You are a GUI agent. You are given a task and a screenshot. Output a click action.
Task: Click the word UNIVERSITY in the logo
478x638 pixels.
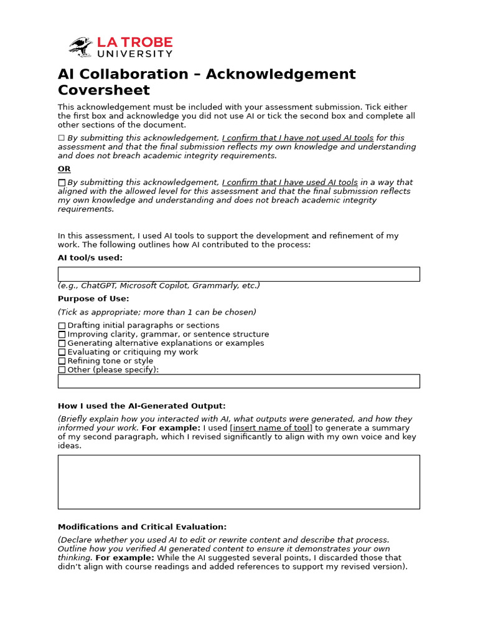pos(134,55)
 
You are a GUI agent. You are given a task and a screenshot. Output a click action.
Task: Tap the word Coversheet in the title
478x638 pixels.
pos(104,90)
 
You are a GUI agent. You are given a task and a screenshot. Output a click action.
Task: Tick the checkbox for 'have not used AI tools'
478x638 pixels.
pos(61,138)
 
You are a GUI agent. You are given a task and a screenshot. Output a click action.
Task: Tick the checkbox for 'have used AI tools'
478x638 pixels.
pos(61,183)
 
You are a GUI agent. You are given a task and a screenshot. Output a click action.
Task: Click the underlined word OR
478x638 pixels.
pos(64,169)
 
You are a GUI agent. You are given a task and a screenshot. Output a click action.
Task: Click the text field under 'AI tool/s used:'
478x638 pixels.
pos(238,274)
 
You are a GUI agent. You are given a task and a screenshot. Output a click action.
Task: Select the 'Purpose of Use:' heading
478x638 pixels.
pos(93,299)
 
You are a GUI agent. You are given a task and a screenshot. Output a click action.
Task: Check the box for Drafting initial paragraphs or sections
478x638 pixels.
pos(62,326)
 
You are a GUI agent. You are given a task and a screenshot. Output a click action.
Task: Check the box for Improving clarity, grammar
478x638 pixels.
pos(62,335)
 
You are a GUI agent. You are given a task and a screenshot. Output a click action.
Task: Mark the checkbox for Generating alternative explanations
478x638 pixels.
pos(62,343)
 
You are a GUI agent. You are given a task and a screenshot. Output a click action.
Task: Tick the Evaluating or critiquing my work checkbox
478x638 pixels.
pos(62,352)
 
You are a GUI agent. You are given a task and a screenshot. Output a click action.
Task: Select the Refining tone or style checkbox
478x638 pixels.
pos(62,361)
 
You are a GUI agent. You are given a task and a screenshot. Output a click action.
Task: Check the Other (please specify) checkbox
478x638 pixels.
pos(62,370)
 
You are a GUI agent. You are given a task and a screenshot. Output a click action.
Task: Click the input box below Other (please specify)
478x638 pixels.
pos(238,381)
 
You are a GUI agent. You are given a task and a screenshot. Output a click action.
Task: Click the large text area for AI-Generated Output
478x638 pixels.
pos(238,482)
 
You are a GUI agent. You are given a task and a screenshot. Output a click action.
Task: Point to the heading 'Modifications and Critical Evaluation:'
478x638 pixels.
pos(142,527)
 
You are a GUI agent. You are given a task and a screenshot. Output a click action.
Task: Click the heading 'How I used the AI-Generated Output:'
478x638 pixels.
pos(141,406)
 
